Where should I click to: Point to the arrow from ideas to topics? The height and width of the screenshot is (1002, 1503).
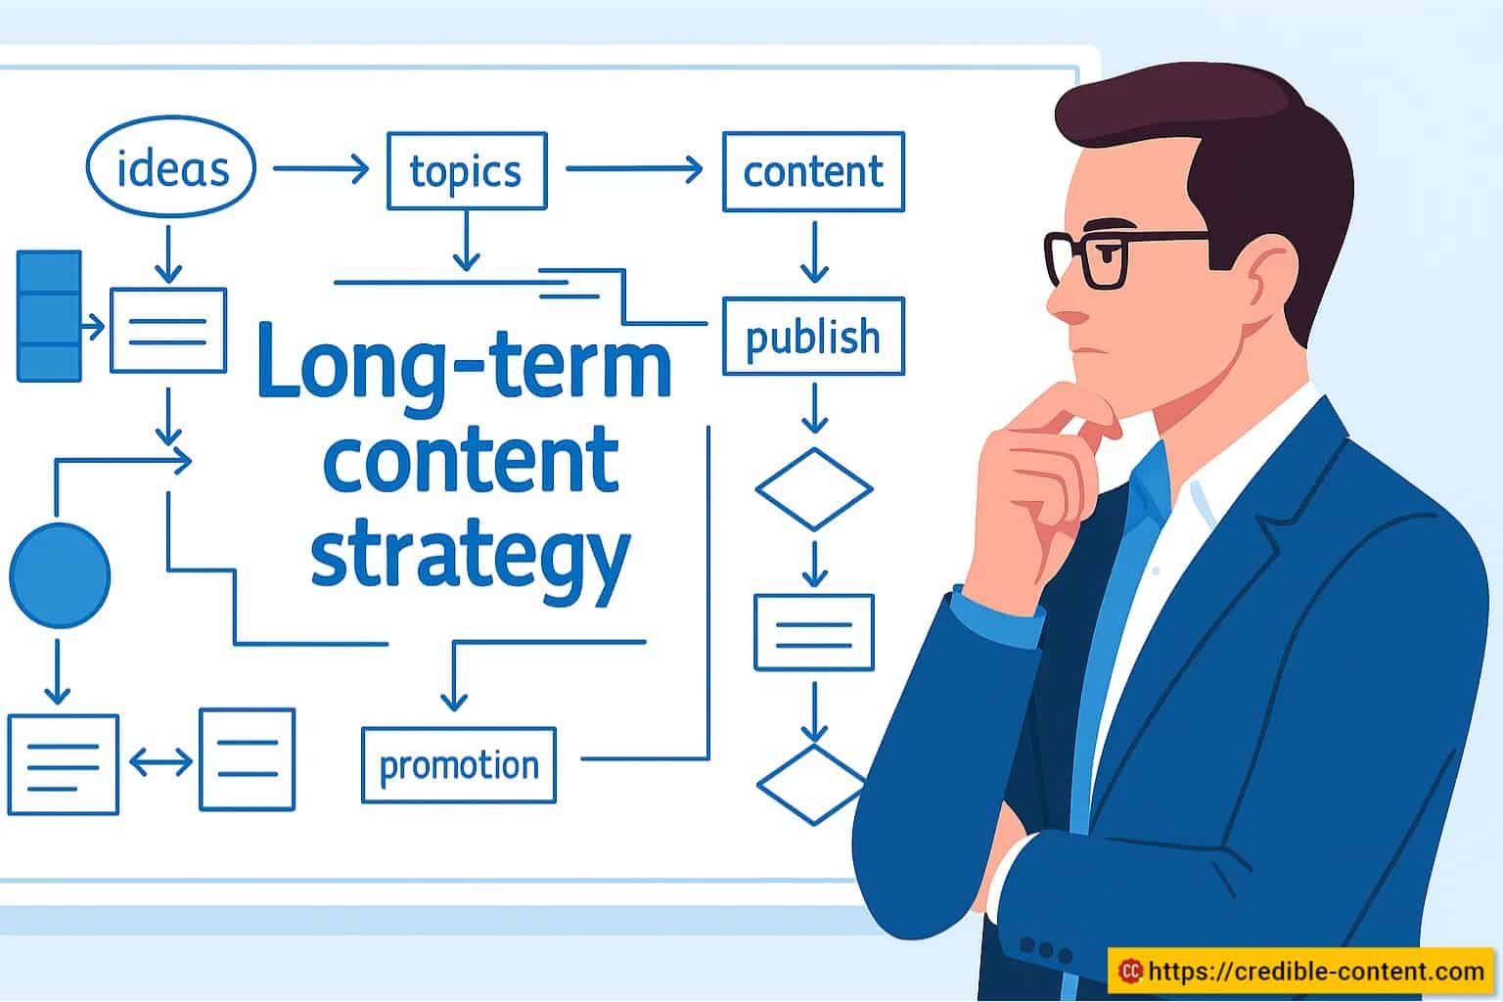[x=321, y=167]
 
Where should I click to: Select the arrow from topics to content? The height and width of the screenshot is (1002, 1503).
[x=634, y=169]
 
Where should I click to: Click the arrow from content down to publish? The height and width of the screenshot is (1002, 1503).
[x=814, y=252]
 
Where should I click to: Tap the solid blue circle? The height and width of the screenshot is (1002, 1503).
[x=60, y=575]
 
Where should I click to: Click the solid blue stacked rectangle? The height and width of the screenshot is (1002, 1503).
[x=49, y=316]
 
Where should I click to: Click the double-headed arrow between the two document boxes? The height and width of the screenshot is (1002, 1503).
[x=160, y=762]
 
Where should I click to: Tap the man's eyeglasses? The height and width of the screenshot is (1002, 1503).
[x=1126, y=257]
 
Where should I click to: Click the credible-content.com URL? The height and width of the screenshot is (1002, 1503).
[x=1316, y=971]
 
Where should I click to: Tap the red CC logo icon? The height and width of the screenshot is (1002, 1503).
[x=1130, y=971]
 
